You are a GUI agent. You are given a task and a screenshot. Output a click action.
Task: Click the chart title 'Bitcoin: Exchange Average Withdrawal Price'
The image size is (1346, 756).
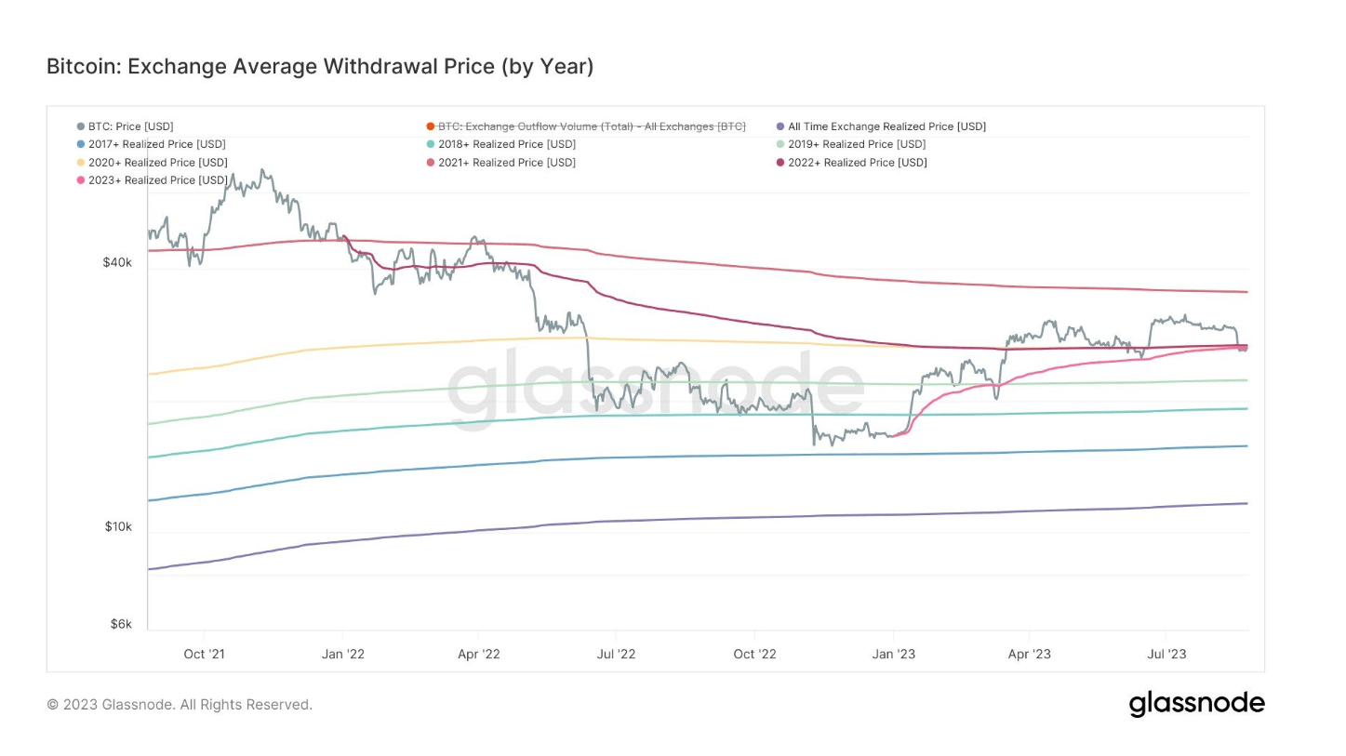(x=319, y=67)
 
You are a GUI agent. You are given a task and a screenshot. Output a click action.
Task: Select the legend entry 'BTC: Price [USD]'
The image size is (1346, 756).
(x=130, y=126)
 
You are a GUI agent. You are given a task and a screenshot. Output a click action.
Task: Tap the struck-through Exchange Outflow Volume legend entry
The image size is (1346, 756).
(x=592, y=126)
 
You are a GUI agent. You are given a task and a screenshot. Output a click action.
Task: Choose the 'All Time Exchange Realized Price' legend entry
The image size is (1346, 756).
(x=886, y=126)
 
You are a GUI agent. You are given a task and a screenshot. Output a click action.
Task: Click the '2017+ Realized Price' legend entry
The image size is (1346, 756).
(x=156, y=144)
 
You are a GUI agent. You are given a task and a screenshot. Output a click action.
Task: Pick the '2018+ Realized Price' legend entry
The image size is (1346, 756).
(x=506, y=144)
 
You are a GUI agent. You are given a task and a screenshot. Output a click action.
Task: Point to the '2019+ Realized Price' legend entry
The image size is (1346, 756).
(x=856, y=144)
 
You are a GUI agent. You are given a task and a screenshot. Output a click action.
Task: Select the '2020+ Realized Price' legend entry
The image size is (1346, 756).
(x=157, y=163)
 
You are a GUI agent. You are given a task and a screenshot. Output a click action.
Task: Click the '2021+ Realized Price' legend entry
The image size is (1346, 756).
(x=506, y=163)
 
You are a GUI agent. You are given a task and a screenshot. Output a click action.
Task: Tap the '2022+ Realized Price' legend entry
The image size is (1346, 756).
(x=857, y=163)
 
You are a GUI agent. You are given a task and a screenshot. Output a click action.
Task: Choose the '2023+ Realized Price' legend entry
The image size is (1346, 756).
(x=157, y=180)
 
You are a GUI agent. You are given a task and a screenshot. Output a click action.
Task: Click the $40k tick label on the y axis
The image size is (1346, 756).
(x=117, y=263)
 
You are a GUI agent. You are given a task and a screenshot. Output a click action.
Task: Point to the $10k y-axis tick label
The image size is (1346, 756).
(x=117, y=527)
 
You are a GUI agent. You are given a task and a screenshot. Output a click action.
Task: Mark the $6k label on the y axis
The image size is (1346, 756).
(x=121, y=624)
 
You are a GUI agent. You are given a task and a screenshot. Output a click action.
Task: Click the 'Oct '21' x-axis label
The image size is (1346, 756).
(x=204, y=654)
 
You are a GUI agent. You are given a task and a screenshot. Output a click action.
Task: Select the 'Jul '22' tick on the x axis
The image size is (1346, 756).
(x=616, y=654)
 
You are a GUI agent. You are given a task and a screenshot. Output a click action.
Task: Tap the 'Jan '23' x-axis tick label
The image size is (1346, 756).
(x=893, y=654)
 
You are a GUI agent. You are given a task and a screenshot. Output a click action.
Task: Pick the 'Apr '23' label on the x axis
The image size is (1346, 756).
(x=1029, y=654)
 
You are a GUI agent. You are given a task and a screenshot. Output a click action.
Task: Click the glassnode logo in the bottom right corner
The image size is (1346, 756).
(x=1196, y=704)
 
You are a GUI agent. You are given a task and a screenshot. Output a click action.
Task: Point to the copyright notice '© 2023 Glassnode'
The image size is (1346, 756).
(x=180, y=705)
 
